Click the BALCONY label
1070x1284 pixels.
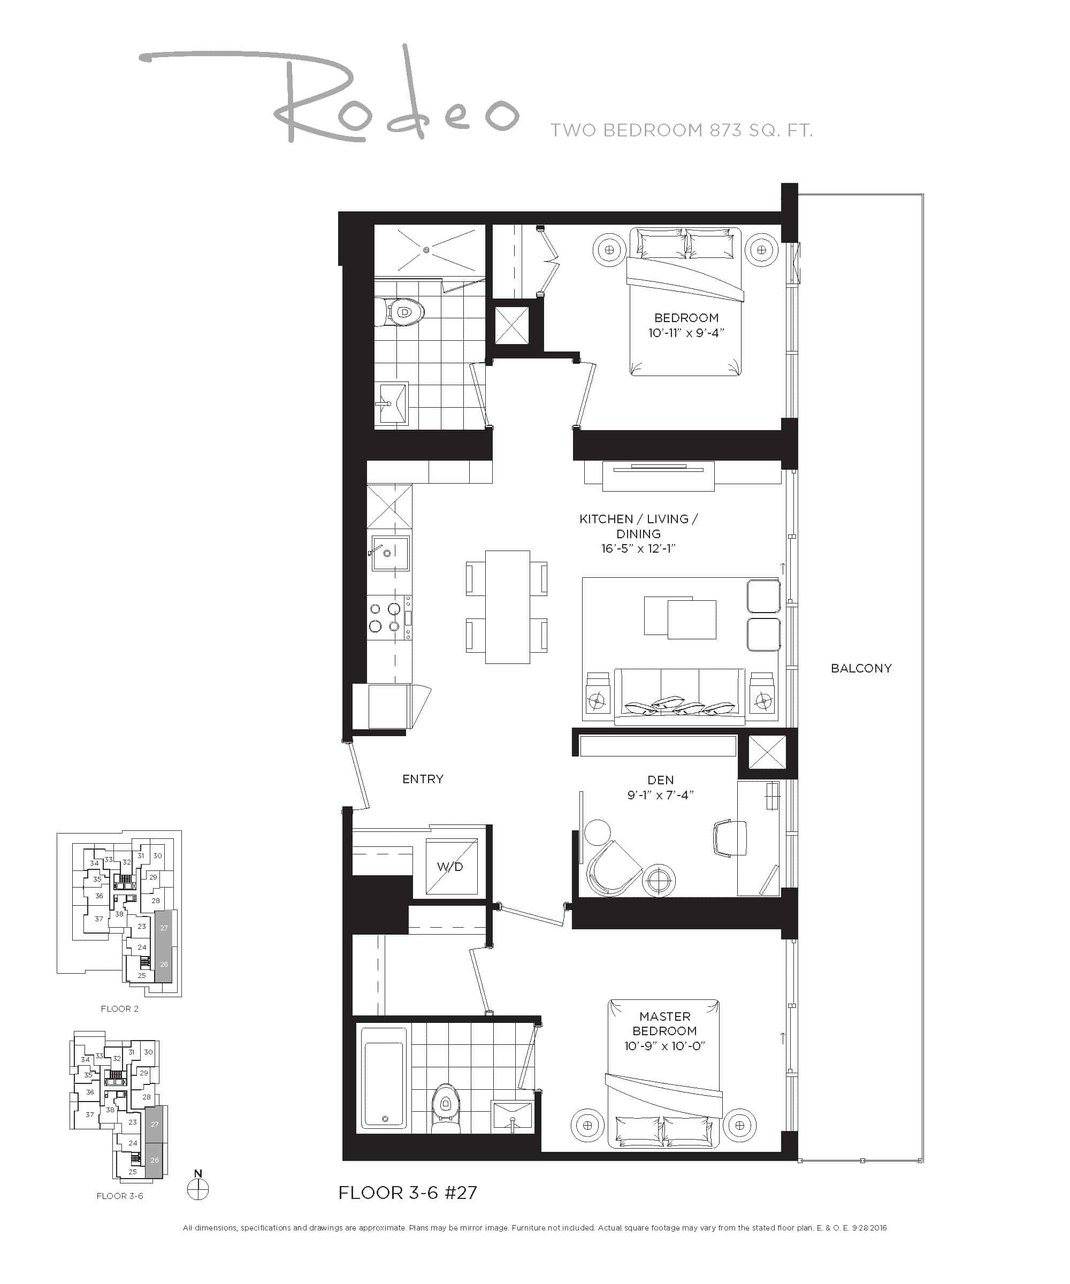860,668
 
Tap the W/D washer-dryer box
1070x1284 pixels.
450,866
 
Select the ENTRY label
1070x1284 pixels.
423,779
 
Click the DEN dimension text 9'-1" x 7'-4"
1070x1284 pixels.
660,795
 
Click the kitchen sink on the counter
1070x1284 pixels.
390,553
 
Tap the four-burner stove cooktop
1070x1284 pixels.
385,617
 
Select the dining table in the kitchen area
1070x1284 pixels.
507,607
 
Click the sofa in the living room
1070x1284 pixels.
679,697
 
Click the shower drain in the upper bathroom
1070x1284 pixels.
426,249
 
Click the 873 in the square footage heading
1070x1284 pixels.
730,130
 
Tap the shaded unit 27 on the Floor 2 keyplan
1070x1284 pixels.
163,928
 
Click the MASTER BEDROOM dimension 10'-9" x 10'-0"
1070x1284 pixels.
664,1045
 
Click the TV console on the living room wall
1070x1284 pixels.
658,476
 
